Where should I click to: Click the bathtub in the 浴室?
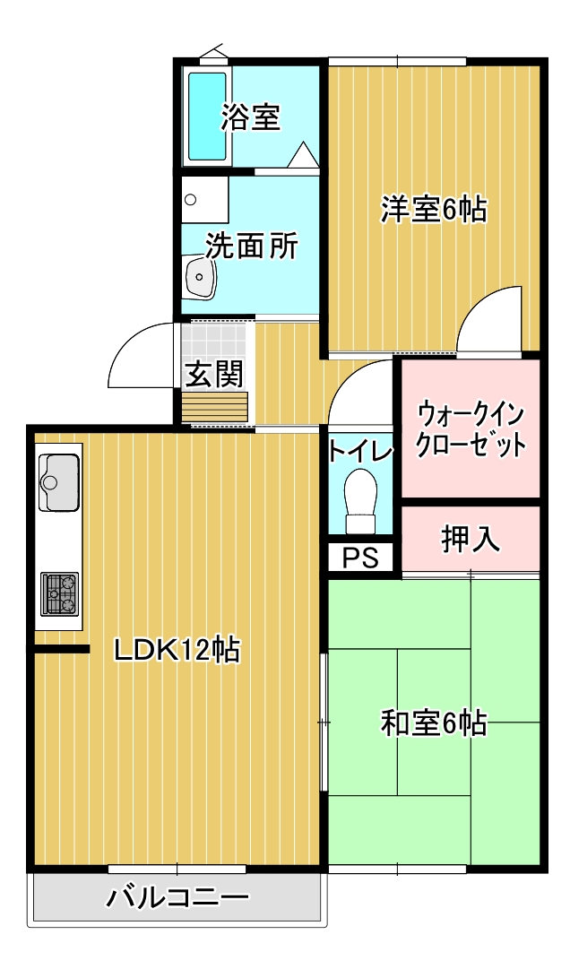coord(207,117)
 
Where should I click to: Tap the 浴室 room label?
coord(251,117)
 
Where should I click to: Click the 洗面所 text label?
coord(251,246)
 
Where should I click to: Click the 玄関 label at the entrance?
coord(213,373)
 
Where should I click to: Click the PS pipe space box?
coord(360,558)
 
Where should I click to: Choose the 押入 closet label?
coord(470,540)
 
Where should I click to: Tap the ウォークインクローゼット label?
coord(471,428)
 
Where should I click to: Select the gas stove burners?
coord(59,594)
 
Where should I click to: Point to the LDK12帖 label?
coord(177,650)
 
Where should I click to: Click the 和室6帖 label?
coord(433,722)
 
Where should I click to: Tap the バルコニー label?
coord(177,896)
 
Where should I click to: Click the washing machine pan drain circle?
coord(191,200)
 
